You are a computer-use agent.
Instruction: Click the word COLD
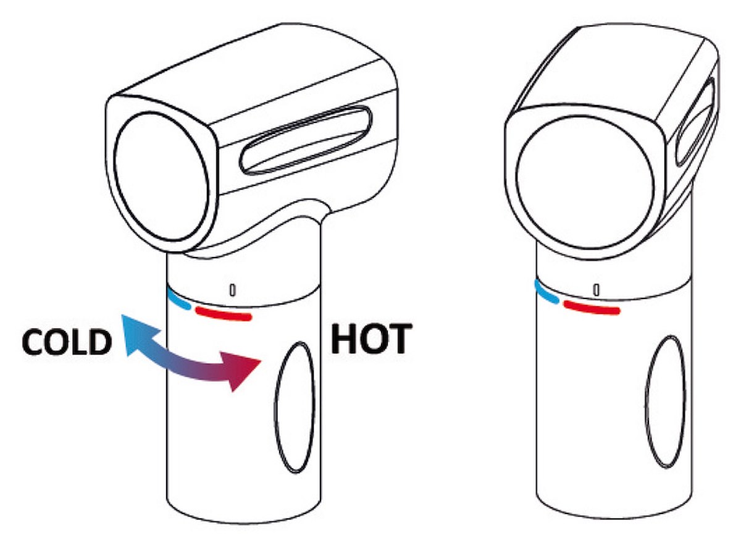(67, 342)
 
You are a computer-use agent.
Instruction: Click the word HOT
(371, 339)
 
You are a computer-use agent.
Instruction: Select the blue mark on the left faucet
(179, 300)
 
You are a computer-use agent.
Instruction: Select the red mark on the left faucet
(224, 314)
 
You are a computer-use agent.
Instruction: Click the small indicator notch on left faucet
(232, 290)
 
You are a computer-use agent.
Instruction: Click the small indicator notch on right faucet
(597, 290)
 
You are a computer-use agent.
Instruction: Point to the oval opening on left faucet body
(295, 408)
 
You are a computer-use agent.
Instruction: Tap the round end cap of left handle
(161, 177)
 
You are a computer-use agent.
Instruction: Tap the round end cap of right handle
(585, 183)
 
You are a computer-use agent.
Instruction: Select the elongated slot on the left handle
(306, 140)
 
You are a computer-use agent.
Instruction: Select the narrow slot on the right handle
(696, 122)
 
